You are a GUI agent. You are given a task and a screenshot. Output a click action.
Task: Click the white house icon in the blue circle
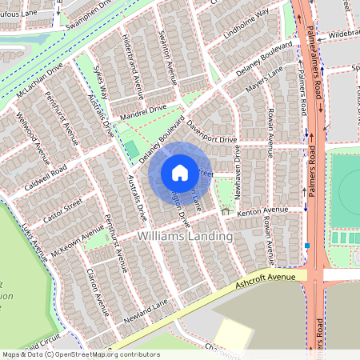(180, 172)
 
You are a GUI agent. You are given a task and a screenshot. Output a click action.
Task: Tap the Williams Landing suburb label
(185, 237)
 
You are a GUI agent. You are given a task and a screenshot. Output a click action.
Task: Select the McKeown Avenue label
(77, 234)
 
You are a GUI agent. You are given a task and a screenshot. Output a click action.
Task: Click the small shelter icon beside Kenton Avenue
(226, 212)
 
